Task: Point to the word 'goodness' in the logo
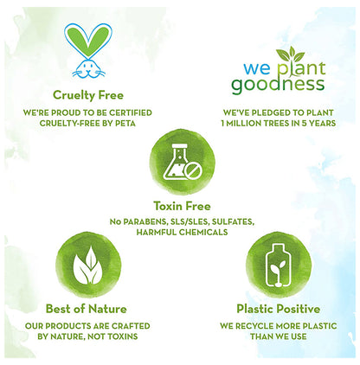coord(278,84)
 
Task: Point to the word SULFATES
coord(228,221)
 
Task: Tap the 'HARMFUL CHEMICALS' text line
coord(179,232)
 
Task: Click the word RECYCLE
coord(265,327)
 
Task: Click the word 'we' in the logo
coord(245,66)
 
